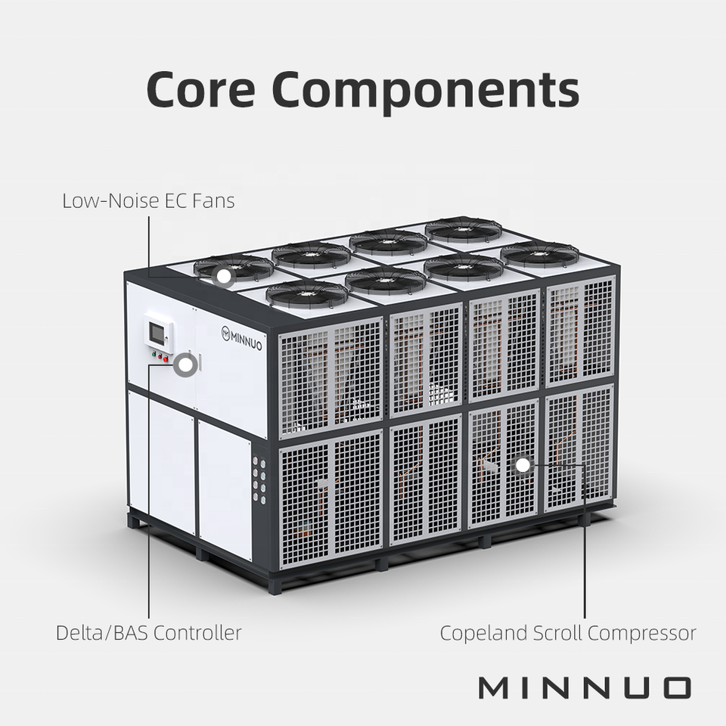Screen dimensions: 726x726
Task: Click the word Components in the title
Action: coord(419,89)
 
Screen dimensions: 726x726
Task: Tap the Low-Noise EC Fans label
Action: coord(148,201)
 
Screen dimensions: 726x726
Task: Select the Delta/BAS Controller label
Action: coord(149,632)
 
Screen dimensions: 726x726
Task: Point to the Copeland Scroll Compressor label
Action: coord(568,632)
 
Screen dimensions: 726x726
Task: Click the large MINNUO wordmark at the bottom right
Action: coord(585,687)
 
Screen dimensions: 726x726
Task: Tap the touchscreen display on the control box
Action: coord(159,331)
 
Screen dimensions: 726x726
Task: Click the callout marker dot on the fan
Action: coord(223,277)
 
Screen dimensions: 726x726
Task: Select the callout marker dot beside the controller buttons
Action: coord(185,365)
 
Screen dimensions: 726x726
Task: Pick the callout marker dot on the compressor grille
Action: coord(523,465)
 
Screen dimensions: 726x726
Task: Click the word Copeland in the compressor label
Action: coord(479,632)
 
